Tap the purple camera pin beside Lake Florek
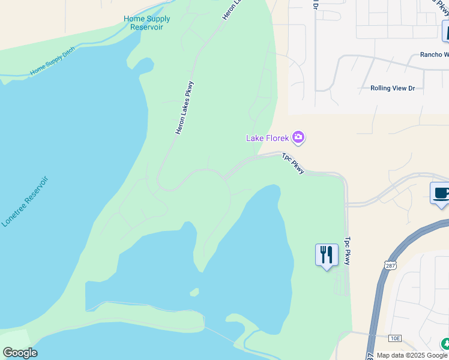(x=298, y=138)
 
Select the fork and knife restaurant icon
(x=327, y=255)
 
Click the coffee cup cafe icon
(x=441, y=193)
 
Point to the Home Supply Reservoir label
(x=147, y=23)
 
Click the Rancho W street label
(x=434, y=55)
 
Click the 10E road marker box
(x=394, y=338)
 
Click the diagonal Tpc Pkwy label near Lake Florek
(x=294, y=163)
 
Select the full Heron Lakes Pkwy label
(x=185, y=107)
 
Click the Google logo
(x=19, y=353)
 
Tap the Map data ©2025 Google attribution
(x=412, y=355)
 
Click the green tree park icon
(x=445, y=344)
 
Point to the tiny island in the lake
(x=194, y=292)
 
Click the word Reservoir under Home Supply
(x=146, y=28)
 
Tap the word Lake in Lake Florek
(x=254, y=138)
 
